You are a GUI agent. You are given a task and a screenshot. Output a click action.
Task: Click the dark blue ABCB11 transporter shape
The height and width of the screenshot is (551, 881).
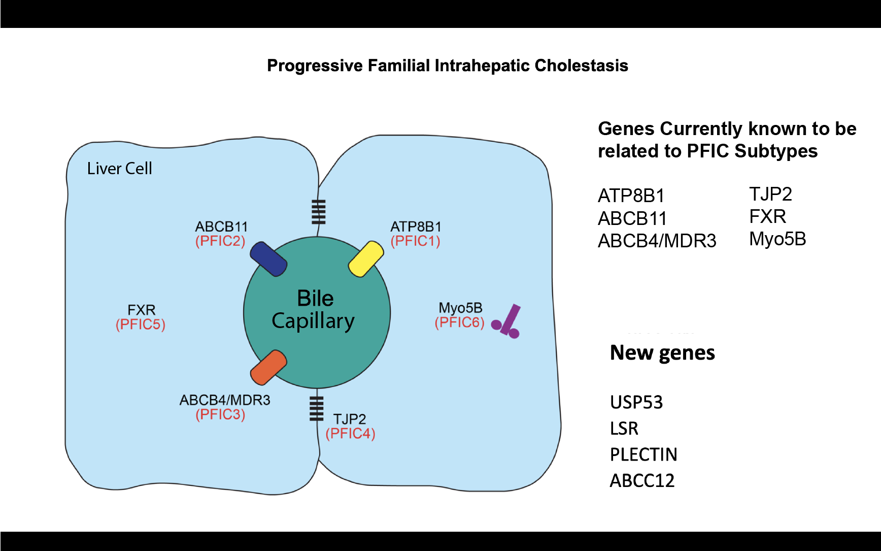268,259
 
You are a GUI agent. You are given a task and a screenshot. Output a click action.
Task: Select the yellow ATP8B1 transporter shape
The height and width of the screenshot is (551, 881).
366,259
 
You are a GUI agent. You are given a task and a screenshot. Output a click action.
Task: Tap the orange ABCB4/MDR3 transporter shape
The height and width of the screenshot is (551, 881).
268,367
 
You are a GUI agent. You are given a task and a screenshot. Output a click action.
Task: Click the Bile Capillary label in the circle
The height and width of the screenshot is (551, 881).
314,309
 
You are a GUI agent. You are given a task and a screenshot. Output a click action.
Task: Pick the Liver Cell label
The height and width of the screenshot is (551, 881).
119,169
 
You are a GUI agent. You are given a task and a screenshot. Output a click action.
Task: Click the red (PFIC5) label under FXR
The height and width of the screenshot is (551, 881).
141,325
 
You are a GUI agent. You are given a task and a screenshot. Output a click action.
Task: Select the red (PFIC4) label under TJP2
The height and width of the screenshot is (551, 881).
350,434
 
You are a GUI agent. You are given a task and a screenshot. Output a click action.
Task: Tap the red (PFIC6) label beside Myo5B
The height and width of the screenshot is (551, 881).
459,322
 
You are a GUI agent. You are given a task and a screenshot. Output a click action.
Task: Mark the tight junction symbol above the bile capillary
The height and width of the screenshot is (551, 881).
318,212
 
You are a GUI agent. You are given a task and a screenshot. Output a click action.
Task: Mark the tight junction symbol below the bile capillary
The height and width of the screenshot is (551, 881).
316,408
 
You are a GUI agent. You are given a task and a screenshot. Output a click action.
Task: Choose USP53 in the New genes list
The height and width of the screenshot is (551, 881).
636,402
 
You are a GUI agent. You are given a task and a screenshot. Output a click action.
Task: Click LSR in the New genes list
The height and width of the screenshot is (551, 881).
624,429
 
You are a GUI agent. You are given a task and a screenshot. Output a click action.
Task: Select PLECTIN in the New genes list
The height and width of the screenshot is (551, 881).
643,455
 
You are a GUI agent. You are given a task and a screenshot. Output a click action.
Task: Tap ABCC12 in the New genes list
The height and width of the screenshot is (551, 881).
642,480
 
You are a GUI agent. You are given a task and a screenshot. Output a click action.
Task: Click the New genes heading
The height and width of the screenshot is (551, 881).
662,352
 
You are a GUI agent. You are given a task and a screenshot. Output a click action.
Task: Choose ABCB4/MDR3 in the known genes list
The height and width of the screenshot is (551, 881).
657,241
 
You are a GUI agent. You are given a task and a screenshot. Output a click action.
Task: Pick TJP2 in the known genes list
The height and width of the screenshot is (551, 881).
770,194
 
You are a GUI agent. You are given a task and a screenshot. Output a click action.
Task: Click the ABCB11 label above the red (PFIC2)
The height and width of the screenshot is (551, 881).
221,226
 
